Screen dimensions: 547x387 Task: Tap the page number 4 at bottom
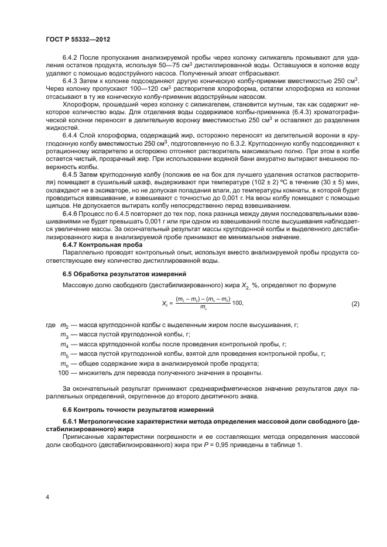click(x=47, y=497)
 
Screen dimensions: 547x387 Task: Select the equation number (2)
click(x=355, y=304)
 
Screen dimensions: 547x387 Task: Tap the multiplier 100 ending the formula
click(x=237, y=304)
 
